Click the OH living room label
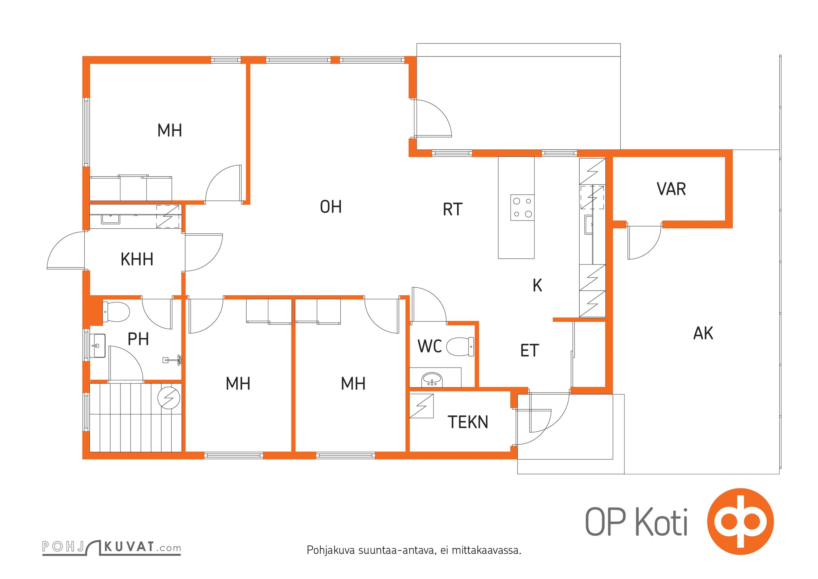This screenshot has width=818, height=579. coord(331,207)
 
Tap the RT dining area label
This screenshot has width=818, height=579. coord(453,209)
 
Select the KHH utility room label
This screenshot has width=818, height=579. coord(137,259)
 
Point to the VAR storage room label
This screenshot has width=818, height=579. coord(671,189)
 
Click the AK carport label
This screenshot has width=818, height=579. coord(703,333)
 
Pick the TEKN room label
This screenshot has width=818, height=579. coord(468,422)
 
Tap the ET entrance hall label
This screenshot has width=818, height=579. coord(530,350)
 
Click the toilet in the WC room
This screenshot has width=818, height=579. coord(460,346)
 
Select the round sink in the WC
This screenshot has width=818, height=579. coord(432,379)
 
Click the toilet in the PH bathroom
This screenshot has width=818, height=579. coord(116,312)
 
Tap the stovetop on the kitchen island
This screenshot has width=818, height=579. coord(522,207)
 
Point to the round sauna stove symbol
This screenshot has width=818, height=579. coord(169,398)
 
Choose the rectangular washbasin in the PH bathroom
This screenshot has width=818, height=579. coord(97,346)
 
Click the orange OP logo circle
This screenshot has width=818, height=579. coord(740,521)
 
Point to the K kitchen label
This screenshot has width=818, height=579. coord(537,285)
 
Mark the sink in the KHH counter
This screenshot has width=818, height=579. coord(110,219)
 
